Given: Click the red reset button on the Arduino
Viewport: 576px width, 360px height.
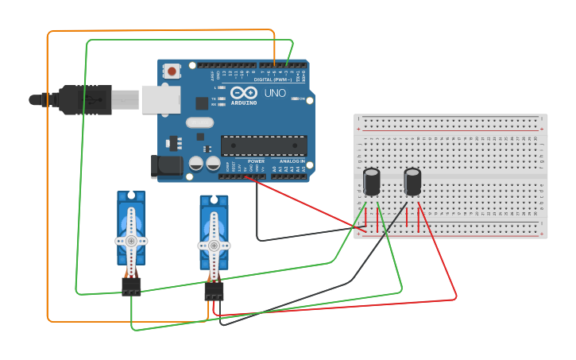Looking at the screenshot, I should tap(172, 72).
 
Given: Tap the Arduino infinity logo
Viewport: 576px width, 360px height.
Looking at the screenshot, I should tap(243, 94).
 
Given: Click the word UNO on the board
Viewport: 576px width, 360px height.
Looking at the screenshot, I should tap(275, 94).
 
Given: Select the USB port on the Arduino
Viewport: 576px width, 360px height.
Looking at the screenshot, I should tap(160, 99).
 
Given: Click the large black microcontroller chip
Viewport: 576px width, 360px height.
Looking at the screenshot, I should tap(263, 145).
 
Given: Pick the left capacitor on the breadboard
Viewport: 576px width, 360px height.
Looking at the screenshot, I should tap(371, 181).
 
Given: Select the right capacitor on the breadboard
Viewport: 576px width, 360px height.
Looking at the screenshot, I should tap(412, 181).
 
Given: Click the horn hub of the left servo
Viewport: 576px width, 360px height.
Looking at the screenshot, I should tap(131, 240).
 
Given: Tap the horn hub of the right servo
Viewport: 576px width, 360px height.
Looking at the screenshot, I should tap(214, 243).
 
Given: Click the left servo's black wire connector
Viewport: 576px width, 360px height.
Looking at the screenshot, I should tap(131, 286).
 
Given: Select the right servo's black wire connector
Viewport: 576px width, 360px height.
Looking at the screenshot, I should tap(214, 291).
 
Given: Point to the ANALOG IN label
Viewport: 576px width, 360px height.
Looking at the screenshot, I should tap(292, 161).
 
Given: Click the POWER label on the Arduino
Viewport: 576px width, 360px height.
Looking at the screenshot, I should tap(256, 161).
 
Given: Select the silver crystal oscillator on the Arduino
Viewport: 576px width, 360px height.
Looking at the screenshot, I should tap(200, 123).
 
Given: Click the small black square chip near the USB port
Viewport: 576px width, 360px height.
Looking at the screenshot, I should tap(202, 103).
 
